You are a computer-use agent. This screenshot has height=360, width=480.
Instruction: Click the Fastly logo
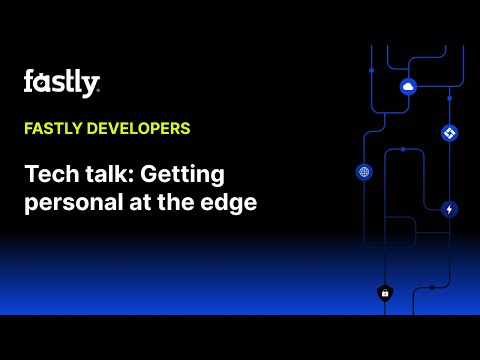(x=61, y=83)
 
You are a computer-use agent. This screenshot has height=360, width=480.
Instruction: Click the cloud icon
(x=408, y=87)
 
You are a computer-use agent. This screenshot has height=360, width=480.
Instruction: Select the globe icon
(x=364, y=172)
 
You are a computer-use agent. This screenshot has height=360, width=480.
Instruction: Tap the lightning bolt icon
(x=449, y=209)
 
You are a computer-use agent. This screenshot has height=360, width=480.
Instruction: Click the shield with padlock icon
(x=384, y=293)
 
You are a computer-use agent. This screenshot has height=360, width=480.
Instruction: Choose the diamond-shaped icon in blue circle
(x=449, y=133)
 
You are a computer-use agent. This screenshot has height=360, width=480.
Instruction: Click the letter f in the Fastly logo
(x=28, y=82)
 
